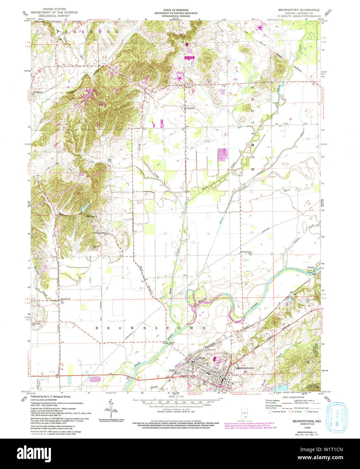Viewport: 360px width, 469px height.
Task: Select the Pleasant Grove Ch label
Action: [101, 233]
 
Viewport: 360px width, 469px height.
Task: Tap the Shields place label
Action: [311, 267]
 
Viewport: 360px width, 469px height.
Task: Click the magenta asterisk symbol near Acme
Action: [179, 78]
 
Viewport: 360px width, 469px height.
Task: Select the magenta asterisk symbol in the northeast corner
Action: [260, 28]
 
